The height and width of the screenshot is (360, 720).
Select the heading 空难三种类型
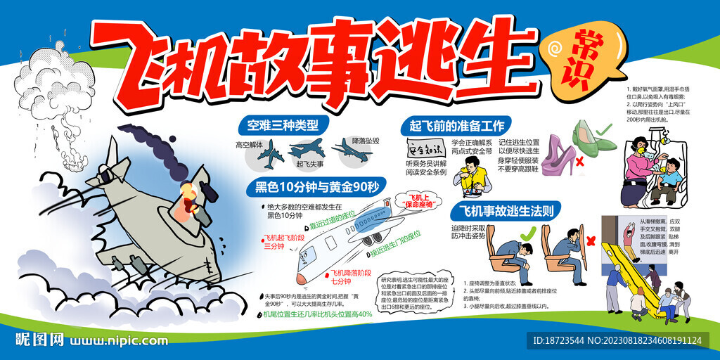click(278, 126)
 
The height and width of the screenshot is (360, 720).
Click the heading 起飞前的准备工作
click(452, 126)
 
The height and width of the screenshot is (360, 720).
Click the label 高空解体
click(249, 145)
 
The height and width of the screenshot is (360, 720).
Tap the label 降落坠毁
click(366, 141)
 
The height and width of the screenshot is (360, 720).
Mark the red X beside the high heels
click(581, 163)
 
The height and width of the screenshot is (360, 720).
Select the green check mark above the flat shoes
click(603, 130)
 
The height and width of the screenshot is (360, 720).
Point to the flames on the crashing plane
click(188, 198)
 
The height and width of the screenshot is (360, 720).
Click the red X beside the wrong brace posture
click(591, 240)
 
